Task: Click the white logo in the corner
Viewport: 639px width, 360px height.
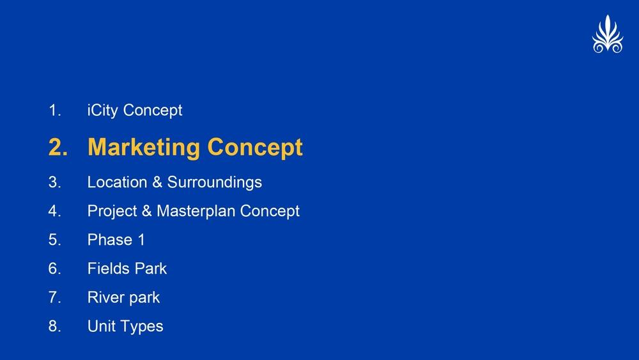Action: (608, 35)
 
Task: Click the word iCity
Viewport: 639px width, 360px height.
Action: (103, 111)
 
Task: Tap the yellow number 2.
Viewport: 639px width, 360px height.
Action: (58, 147)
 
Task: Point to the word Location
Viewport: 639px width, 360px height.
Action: (118, 182)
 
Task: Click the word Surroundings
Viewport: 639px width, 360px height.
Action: (215, 183)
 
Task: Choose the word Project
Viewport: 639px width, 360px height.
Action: (112, 212)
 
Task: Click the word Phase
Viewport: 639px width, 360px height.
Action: (110, 240)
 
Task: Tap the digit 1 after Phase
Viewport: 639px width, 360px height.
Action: (141, 240)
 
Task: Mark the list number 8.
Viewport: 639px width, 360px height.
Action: (54, 326)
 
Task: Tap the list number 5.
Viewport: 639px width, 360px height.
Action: (54, 240)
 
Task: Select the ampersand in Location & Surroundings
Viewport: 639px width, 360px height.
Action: (157, 182)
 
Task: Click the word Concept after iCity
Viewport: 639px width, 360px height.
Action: (153, 111)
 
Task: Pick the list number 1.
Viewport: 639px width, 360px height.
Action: (54, 111)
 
